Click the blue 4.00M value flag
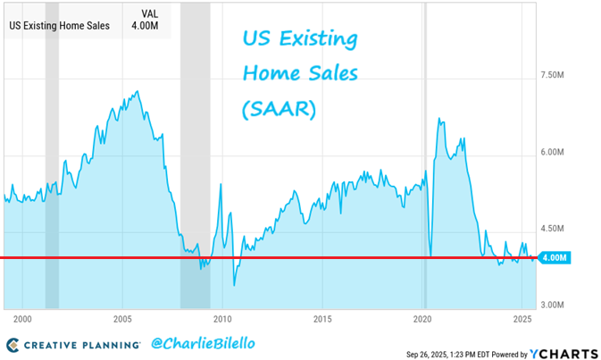click(555, 258)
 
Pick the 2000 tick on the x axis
click(23, 319)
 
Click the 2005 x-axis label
click(122, 319)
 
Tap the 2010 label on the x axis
click(222, 319)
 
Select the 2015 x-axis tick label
click(322, 319)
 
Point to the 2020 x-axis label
click(422, 319)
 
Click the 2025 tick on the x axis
click(522, 319)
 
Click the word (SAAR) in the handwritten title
click(278, 110)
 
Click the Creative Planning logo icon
click(12, 343)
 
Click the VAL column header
click(152, 13)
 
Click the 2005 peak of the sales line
click(136, 91)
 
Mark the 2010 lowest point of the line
click(234, 285)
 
